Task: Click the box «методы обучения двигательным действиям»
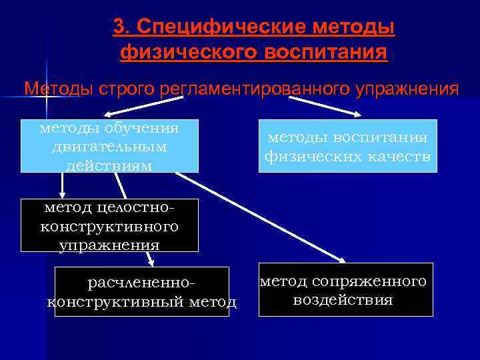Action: point(109,145)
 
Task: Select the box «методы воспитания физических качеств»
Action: point(347,146)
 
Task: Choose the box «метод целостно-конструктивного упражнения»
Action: point(109,225)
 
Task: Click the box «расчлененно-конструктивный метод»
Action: point(141,291)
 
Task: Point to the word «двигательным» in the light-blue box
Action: point(109,145)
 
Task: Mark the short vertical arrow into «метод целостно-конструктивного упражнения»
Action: point(62,185)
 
